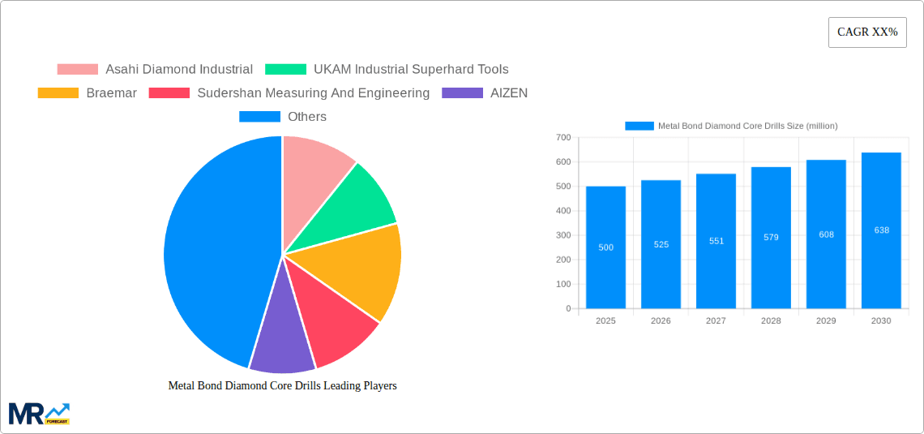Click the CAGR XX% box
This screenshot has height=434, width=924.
pyautogui.click(x=867, y=32)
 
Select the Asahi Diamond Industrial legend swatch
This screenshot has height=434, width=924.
pyautogui.click(x=77, y=70)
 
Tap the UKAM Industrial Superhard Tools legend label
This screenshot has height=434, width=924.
pyautogui.click(x=411, y=70)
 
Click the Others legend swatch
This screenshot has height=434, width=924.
pyautogui.click(x=259, y=117)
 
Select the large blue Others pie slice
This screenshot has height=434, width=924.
pyautogui.click(x=211, y=251)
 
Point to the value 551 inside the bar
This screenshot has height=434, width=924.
pyautogui.click(x=716, y=241)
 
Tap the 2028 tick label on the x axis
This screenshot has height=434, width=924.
pyautogui.click(x=771, y=321)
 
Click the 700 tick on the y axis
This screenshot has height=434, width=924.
pyautogui.click(x=563, y=138)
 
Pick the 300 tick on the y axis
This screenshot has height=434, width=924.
pyautogui.click(x=563, y=235)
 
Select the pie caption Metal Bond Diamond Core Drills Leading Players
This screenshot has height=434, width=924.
pyautogui.click(x=282, y=386)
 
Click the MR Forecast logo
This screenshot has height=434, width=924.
pyautogui.click(x=39, y=413)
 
